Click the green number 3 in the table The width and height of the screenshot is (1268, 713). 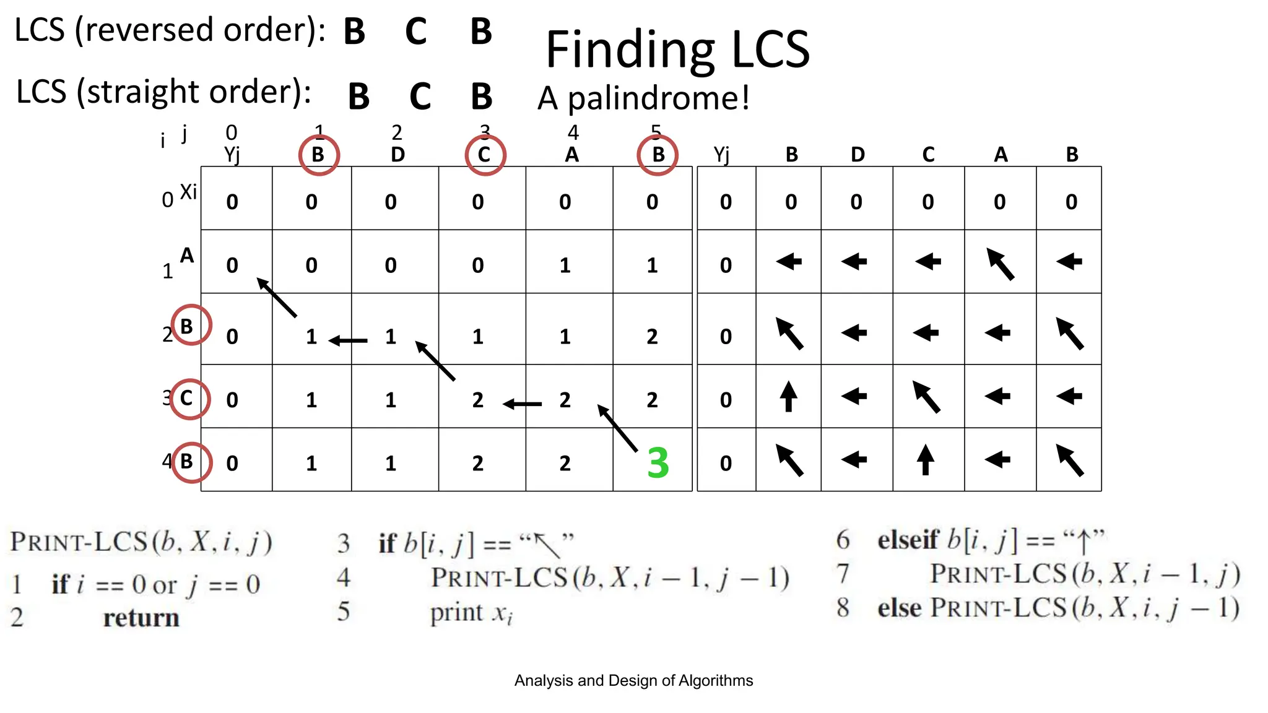tap(658, 463)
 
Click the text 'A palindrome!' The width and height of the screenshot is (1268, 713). tap(643, 98)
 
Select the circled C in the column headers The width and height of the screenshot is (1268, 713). tap(485, 155)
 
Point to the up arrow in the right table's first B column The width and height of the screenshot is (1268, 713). tap(788, 396)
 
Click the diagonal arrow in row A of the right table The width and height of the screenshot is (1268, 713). tap(1000, 264)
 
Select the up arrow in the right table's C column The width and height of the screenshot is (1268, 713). tap(925, 459)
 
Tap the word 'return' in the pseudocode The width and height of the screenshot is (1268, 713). tap(141, 618)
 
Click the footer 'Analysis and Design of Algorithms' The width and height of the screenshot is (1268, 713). tap(633, 681)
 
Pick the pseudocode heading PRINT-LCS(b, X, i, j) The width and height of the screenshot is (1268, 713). tap(141, 542)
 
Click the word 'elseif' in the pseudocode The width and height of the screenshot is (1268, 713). tap(908, 540)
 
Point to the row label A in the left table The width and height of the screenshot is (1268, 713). tap(187, 255)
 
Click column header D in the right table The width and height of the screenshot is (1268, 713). tap(857, 155)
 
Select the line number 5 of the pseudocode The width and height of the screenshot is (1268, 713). tap(344, 611)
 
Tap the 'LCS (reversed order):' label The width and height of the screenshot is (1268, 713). tap(170, 30)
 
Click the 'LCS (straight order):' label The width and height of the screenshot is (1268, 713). tap(163, 92)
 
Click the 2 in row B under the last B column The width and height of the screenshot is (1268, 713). tap(652, 337)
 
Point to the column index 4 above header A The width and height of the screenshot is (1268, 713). tap(573, 132)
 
